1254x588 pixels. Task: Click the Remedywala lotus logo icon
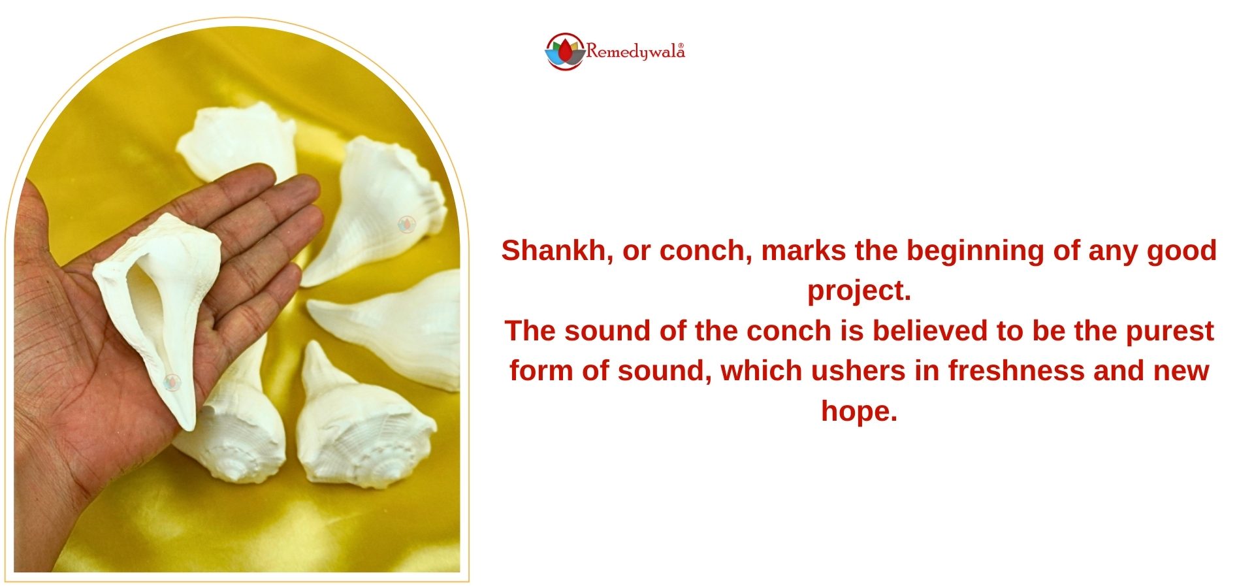[x=565, y=52]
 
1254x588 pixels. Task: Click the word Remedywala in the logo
[x=635, y=52]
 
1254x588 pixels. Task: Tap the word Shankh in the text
[x=557, y=252]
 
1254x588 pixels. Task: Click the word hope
[x=859, y=412]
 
